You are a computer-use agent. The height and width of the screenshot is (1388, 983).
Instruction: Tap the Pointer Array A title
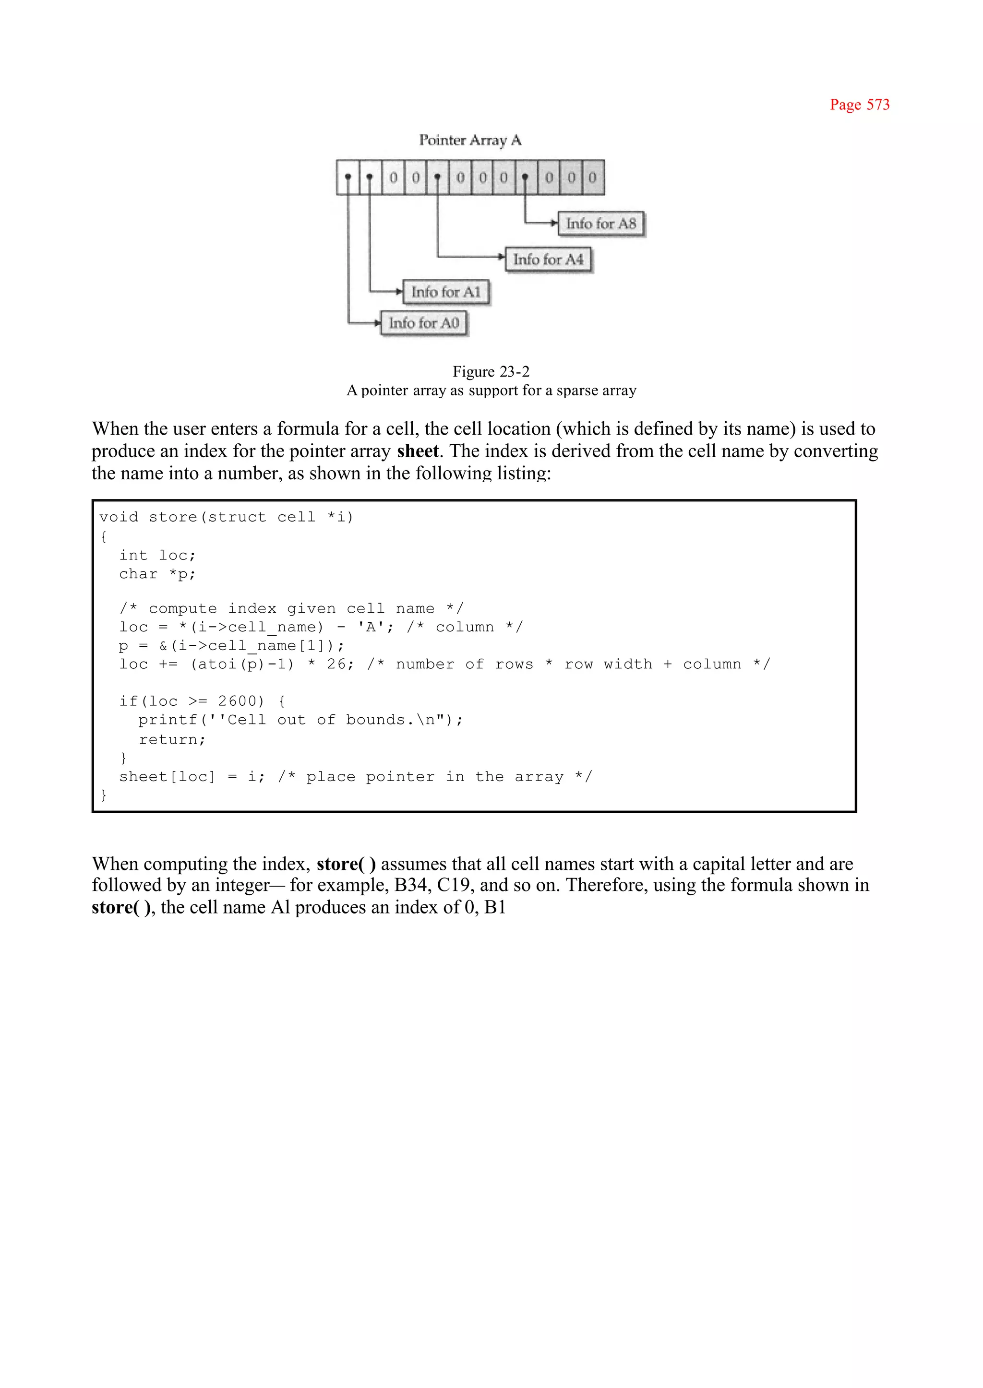tap(470, 141)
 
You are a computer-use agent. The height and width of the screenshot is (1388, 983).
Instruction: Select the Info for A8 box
tap(600, 224)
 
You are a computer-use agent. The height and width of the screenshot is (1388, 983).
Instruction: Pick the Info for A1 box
tap(445, 292)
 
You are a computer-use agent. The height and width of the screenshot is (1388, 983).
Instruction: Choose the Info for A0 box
tap(424, 323)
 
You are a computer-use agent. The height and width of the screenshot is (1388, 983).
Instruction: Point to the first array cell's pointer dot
tap(348, 177)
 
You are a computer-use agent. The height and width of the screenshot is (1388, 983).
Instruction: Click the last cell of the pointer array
tap(593, 178)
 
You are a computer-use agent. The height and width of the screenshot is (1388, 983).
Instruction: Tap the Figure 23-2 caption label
tap(491, 371)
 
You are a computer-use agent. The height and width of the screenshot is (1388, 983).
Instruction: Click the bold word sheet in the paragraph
tap(418, 451)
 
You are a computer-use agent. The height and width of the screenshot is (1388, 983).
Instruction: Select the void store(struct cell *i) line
tap(226, 517)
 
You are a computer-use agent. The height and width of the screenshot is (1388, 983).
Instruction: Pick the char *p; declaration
tap(157, 574)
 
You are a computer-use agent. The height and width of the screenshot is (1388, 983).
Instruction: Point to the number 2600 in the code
tap(241, 701)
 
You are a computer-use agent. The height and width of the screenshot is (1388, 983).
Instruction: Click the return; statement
tap(172, 739)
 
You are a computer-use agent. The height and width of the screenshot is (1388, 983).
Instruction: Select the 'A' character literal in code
tap(371, 628)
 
